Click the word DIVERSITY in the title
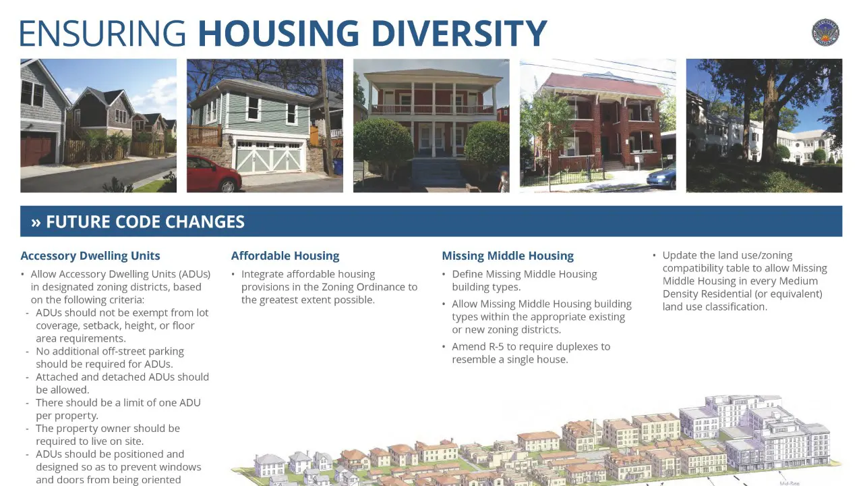tap(459, 33)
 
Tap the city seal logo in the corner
tap(825, 32)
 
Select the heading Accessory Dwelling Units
tap(90, 256)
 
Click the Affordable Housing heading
tap(285, 256)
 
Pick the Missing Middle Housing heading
tap(508, 256)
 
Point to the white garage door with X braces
tap(269, 156)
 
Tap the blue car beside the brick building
tap(661, 176)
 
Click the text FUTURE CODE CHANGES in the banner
tap(145, 222)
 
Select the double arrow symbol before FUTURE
tap(36, 223)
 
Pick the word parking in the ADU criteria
tap(167, 352)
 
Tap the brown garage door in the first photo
tap(37, 148)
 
